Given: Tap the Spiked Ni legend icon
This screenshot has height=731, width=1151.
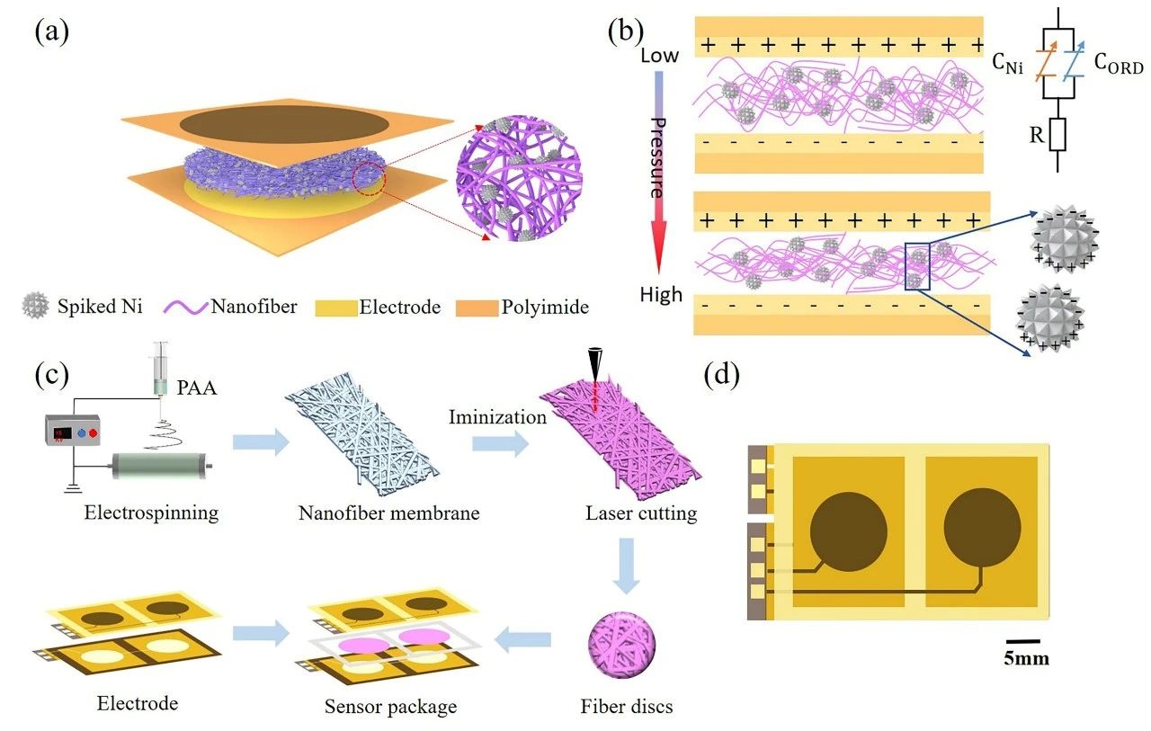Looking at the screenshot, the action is (35, 306).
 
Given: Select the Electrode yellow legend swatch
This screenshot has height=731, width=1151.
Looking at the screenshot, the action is (336, 308).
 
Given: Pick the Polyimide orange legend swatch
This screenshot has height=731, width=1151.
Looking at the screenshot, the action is (477, 308).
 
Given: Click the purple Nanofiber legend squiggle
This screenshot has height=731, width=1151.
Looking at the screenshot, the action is (186, 307).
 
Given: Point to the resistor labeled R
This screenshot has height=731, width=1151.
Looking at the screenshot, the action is (1057, 135).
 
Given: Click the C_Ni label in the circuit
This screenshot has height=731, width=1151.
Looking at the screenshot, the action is (1007, 63).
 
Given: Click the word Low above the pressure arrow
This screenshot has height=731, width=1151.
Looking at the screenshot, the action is (659, 55).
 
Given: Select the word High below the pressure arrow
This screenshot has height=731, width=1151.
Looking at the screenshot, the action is (661, 295).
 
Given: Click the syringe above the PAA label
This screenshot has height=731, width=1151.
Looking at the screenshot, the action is (161, 369).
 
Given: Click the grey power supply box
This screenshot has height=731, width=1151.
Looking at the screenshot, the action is (73, 430).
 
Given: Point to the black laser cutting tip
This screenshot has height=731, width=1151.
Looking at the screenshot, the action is (596, 363).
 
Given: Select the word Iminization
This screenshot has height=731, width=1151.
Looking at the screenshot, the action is (497, 416).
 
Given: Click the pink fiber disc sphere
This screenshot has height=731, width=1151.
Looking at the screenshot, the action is (621, 645).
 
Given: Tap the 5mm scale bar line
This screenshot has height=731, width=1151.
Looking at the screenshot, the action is (1022, 641).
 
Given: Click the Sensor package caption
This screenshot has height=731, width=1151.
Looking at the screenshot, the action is (390, 707).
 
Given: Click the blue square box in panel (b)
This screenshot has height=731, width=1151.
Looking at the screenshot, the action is (917, 267).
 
